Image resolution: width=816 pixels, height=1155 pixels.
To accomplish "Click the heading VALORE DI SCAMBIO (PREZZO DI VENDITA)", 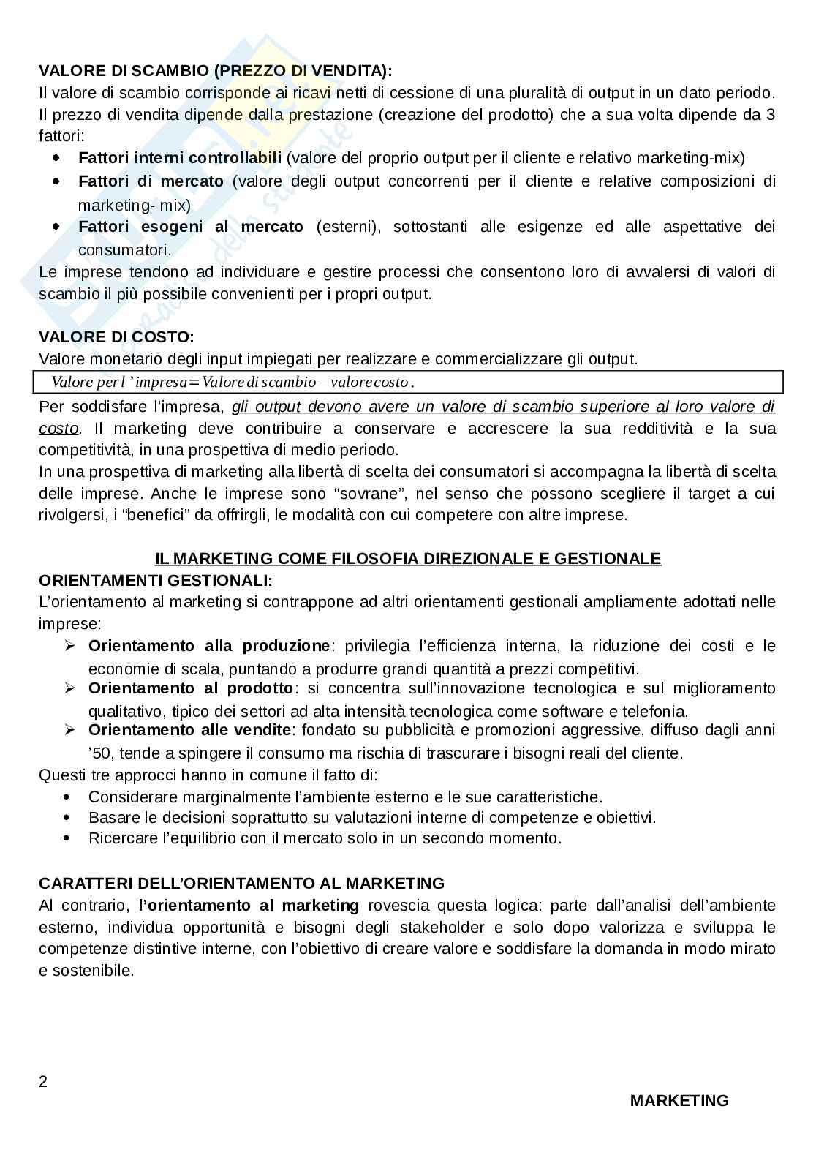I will tap(215, 71).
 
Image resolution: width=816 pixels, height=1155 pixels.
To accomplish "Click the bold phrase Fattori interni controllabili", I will tap(180, 158).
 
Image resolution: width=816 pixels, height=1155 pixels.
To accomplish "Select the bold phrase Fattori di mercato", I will tap(151, 181).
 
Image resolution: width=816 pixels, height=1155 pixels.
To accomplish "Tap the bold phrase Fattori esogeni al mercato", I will tap(190, 227).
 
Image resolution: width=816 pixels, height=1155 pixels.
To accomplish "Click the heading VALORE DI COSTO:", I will tap(116, 337).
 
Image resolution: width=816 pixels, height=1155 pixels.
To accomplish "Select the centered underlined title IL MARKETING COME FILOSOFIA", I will tap(408, 559).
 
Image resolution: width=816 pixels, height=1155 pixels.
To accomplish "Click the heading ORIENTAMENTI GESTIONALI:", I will tap(155, 581).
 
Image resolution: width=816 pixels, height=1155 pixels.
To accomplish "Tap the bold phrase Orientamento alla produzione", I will tap(209, 646).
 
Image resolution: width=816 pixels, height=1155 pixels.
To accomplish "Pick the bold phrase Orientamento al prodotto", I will tap(190, 688).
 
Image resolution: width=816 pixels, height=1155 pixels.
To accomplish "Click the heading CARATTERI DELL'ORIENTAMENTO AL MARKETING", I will tap(241, 884).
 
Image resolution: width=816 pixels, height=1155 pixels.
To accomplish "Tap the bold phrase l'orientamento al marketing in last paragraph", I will tap(249, 906).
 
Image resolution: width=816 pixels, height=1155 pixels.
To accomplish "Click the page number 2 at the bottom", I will tap(43, 1082).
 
